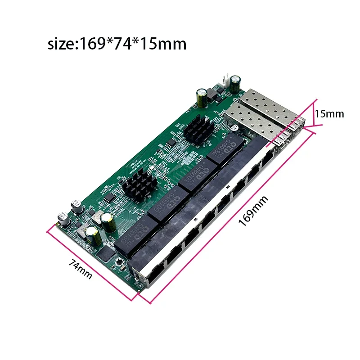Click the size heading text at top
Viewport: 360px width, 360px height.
[x=117, y=44]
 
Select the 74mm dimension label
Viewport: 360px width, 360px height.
[x=80, y=268]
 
